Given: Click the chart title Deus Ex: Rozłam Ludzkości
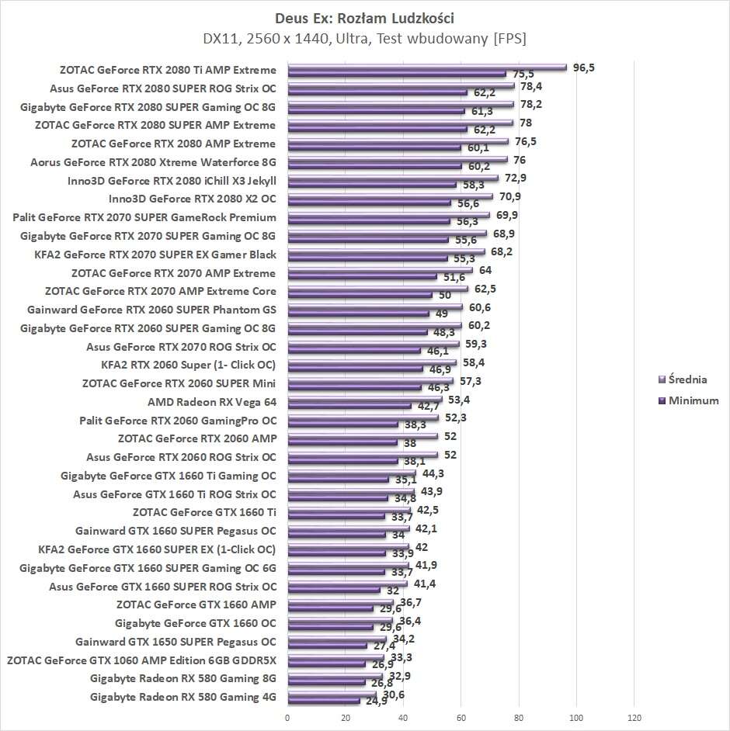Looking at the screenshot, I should tap(364, 16).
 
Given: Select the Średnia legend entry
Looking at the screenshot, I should tap(687, 379).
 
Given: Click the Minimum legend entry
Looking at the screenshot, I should tap(692, 400).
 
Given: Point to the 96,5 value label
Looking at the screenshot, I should tap(583, 68).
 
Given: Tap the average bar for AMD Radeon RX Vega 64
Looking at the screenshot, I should tap(364, 400).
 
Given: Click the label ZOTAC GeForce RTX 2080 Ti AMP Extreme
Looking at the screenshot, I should tap(167, 69).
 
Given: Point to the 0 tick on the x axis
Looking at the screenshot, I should tap(287, 718).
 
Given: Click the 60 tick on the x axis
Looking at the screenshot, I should tap(461, 718).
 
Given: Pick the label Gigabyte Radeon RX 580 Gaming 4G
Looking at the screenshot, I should tap(182, 697).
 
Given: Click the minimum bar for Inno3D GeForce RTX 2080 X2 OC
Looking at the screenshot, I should tap(369, 203).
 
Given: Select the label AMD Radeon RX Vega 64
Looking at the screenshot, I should tap(211, 402).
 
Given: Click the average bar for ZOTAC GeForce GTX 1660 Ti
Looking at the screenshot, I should tap(349, 510).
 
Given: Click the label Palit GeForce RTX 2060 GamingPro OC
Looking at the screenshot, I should tap(177, 421).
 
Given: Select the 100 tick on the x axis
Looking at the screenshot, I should tap(577, 718).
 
